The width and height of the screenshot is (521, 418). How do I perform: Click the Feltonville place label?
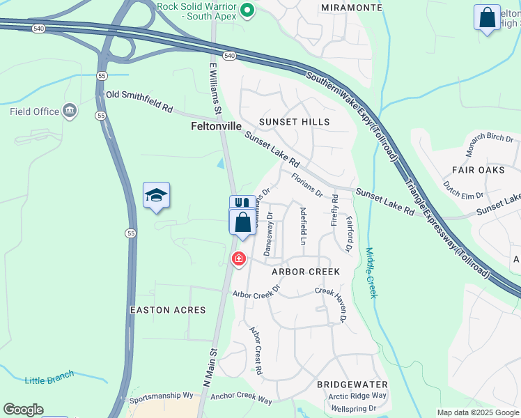click(216, 127)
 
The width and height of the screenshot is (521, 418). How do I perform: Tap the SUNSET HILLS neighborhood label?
click(294, 122)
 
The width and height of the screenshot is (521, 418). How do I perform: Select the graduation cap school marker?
click(157, 196)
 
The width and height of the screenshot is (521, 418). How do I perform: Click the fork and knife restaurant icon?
click(242, 203)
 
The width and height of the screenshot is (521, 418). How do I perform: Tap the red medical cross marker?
click(239, 259)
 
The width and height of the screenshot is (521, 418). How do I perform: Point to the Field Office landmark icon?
click(70, 111)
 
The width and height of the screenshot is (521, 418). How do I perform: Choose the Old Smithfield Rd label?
click(139, 101)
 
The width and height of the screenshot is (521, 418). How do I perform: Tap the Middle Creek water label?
click(371, 273)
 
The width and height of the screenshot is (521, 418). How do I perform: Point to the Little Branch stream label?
click(49, 379)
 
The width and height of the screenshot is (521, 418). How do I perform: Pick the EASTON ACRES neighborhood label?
click(168, 309)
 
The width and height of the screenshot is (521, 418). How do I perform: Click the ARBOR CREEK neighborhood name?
click(305, 272)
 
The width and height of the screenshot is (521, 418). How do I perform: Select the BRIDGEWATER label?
click(347, 385)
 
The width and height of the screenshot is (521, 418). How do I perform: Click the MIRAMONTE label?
click(352, 7)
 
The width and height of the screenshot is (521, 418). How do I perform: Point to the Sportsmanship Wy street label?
click(162, 396)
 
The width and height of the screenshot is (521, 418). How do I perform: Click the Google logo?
click(23, 410)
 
